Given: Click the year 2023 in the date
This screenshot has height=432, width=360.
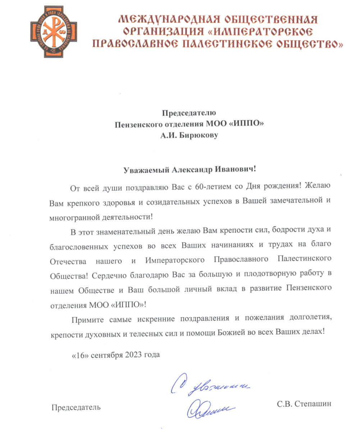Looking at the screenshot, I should pyautogui.click(x=134, y=355).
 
